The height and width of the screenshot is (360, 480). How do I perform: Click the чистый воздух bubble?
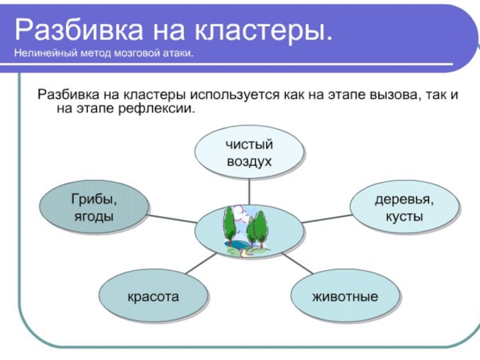click(x=248, y=152)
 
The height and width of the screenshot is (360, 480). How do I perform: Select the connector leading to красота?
click(x=201, y=264)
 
